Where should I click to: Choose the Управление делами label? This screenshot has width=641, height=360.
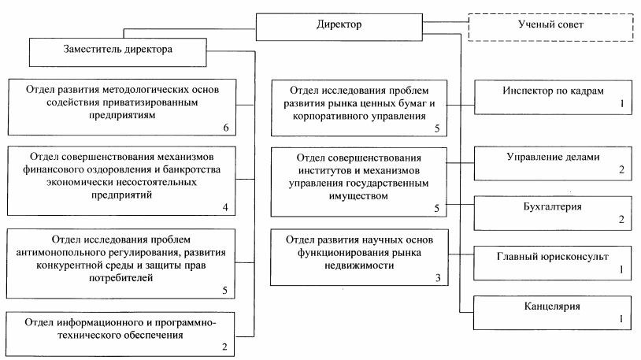click(x=552, y=157)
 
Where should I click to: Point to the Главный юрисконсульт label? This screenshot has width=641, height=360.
click(x=552, y=256)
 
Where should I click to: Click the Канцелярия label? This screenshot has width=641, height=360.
click(x=552, y=304)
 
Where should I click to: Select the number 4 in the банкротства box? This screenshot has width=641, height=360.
click(x=225, y=208)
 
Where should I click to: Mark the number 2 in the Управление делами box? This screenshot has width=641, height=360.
click(x=621, y=170)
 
